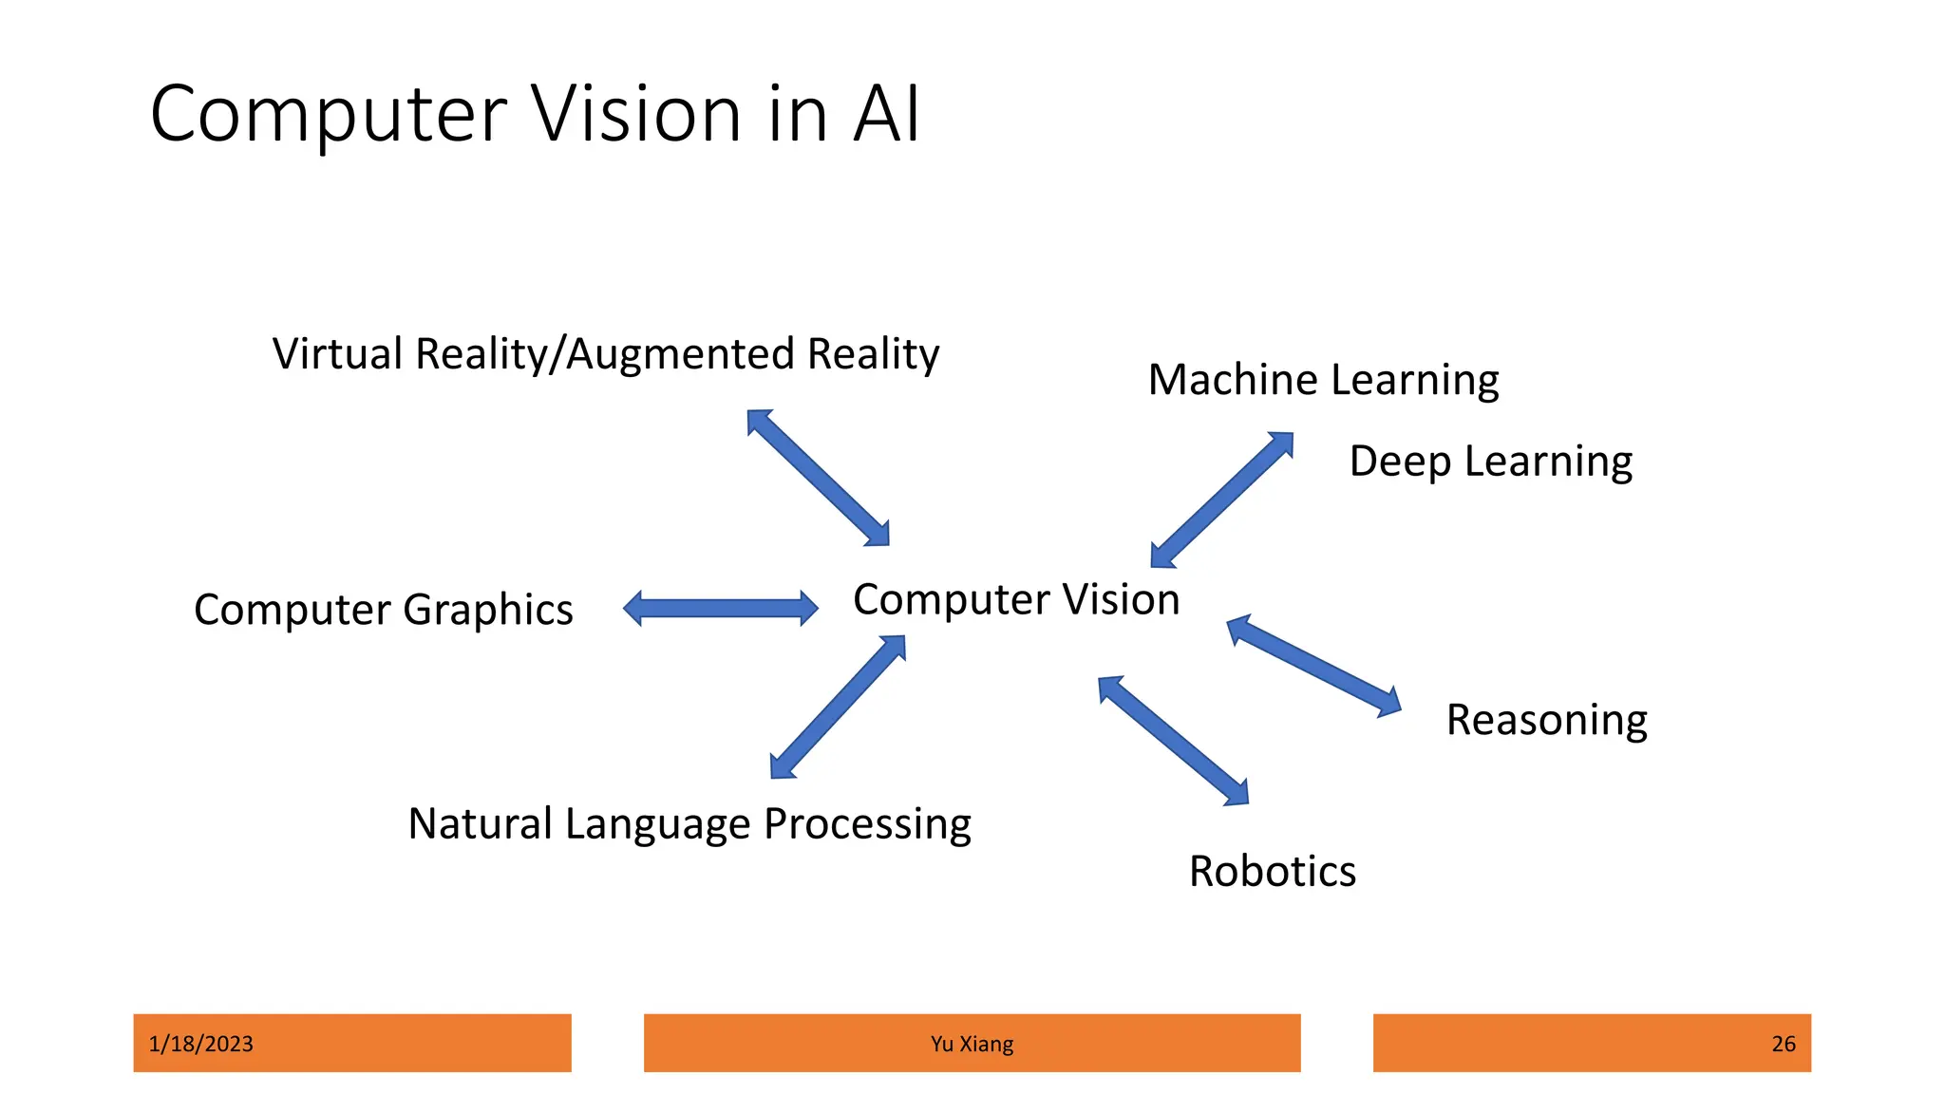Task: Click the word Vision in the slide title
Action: click(x=635, y=114)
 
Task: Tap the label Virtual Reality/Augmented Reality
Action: click(x=605, y=354)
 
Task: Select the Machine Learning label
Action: click(x=1323, y=380)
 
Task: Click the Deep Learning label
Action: click(x=1490, y=462)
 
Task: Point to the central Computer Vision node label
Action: click(x=1016, y=600)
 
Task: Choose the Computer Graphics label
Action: click(x=383, y=610)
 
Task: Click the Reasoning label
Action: click(x=1546, y=720)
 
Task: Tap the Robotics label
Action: click(x=1272, y=872)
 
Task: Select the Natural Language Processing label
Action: click(x=689, y=824)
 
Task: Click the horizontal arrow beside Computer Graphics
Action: click(x=720, y=609)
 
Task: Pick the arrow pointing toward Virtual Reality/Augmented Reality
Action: click(x=818, y=478)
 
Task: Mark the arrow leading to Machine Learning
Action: click(x=1221, y=500)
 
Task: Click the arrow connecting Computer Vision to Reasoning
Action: click(x=1313, y=666)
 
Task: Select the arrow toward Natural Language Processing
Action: click(x=837, y=707)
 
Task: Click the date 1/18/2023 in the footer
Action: click(x=201, y=1044)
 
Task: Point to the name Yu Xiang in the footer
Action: click(x=972, y=1044)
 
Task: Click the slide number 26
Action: click(x=1783, y=1044)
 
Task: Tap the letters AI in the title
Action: click(x=886, y=114)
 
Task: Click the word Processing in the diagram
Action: click(x=867, y=824)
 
